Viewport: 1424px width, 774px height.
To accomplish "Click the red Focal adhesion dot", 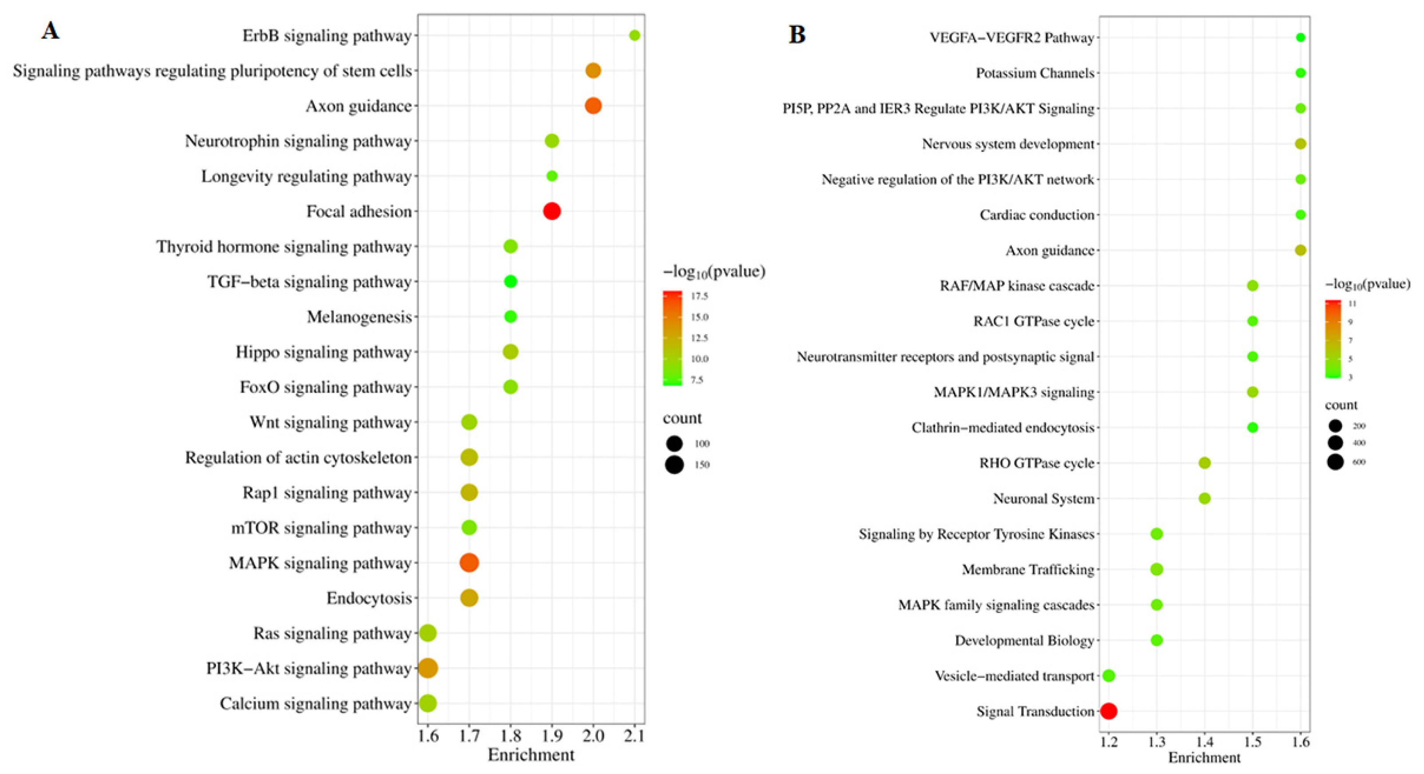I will pos(552,211).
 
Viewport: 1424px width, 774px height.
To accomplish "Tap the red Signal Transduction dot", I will pos(1108,711).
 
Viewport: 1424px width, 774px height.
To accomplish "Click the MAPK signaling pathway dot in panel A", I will pos(469,563).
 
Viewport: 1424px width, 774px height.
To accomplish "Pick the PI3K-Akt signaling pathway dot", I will pos(428,668).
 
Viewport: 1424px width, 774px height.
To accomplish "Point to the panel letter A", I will pos(50,31).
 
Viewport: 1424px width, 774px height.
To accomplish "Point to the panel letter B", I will pos(797,35).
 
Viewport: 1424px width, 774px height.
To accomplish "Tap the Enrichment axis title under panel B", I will pos(1204,758).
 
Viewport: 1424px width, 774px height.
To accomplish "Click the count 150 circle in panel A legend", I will pos(674,465).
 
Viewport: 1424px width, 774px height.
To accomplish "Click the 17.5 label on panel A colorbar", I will pos(699,296).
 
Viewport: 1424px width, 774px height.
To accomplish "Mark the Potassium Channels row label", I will pos(1035,73).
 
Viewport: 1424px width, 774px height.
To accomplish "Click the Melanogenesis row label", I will pos(359,317).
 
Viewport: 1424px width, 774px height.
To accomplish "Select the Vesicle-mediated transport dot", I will pos(1108,676).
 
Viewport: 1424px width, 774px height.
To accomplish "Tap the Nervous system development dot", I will pos(1300,144).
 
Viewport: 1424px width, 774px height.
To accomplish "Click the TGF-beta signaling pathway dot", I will pos(510,281).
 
